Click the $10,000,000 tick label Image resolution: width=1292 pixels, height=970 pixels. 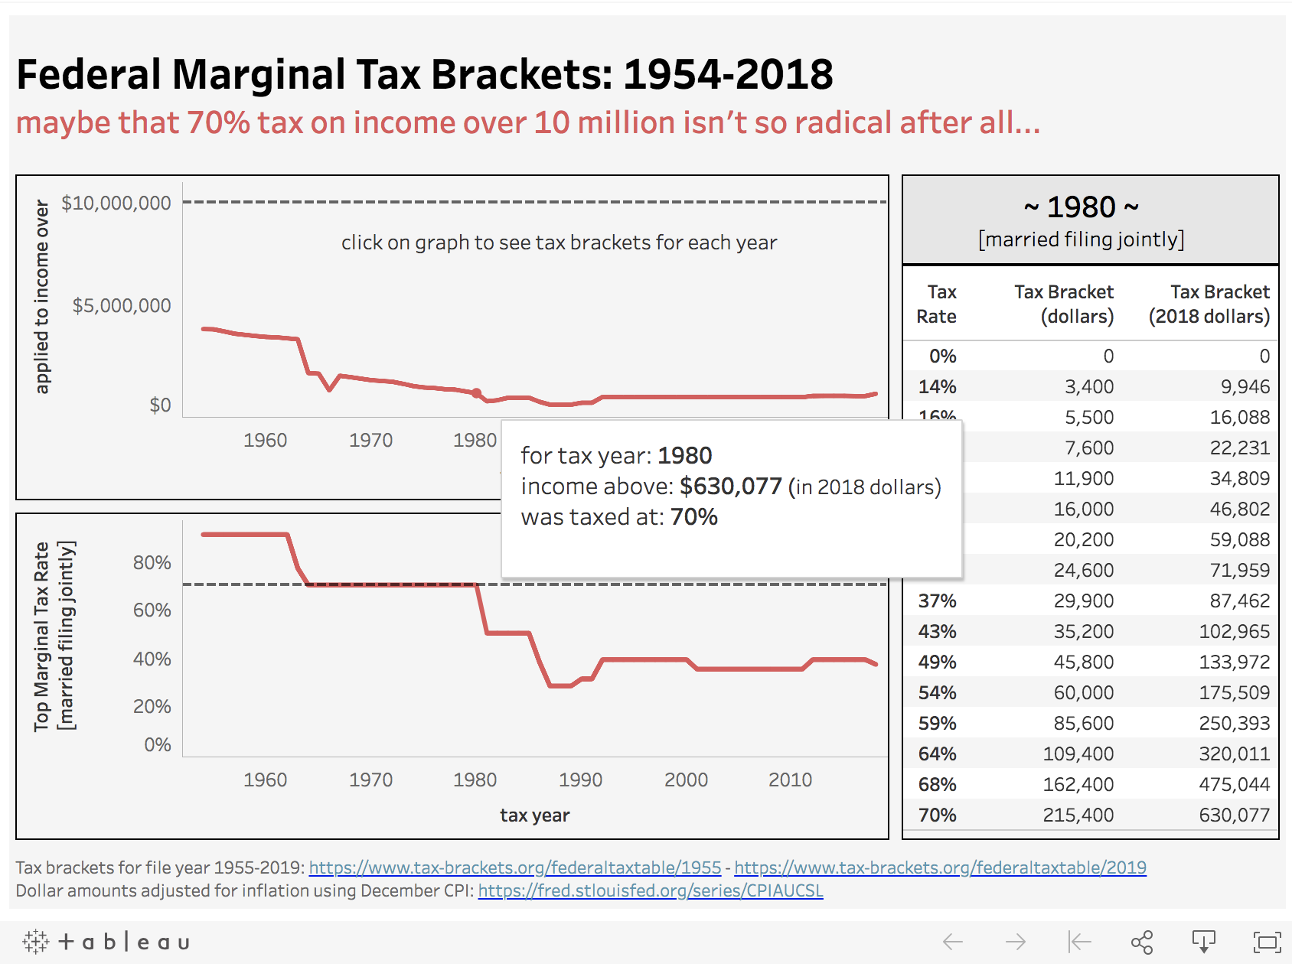116,203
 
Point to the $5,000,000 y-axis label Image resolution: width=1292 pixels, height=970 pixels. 122,305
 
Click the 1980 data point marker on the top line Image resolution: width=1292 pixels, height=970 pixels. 476,393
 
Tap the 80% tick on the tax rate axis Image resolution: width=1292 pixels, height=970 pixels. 152,562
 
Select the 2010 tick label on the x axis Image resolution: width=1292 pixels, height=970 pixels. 790,780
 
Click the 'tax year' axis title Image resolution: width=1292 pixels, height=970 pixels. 534,815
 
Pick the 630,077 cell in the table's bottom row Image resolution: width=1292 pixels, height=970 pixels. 1234,815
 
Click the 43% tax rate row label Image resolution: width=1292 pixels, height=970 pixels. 937,631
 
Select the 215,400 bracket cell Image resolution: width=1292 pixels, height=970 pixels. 1078,815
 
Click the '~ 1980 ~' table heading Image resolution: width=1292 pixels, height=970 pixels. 1081,207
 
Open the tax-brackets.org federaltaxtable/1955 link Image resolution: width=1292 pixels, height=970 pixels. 514,867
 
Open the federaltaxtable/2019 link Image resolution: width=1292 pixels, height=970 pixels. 940,867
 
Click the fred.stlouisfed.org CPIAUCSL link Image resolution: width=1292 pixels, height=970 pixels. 650,890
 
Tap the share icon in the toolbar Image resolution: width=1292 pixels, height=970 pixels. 1141,942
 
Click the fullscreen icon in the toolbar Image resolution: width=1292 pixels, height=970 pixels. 1267,942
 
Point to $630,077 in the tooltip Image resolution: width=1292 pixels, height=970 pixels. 730,487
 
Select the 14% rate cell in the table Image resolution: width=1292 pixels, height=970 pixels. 937,386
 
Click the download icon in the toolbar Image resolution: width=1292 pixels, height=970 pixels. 1203,942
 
